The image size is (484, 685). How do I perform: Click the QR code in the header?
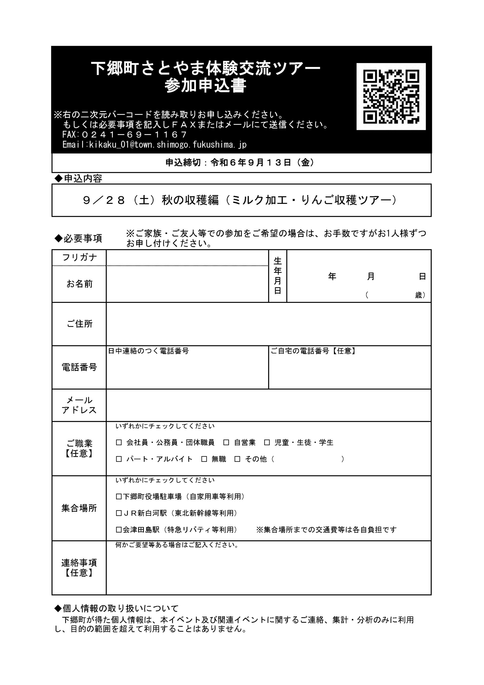click(391, 96)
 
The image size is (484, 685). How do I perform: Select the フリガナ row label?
click(79, 257)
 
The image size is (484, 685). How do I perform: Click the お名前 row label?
click(79, 284)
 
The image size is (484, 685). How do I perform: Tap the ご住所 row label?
click(79, 324)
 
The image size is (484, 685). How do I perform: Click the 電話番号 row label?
click(79, 367)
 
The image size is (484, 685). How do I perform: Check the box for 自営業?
click(226, 443)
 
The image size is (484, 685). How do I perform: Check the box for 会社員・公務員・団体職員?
click(119, 443)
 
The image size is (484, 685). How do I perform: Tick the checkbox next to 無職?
click(204, 459)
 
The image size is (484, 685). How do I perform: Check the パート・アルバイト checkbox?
click(119, 459)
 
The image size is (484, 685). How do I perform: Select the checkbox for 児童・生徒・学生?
click(267, 443)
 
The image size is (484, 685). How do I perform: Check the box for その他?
click(237, 459)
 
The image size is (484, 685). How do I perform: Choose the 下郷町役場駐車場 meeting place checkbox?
click(119, 497)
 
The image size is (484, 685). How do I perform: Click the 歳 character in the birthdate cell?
click(419, 295)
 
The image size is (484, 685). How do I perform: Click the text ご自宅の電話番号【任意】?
click(313, 351)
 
